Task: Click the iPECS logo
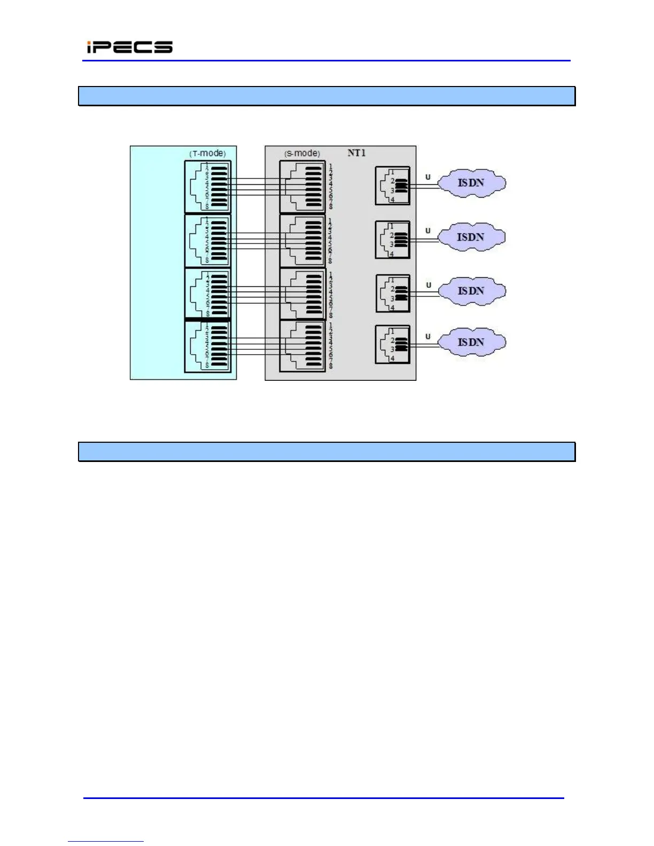(130, 47)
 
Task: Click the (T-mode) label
(207, 153)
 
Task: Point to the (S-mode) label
(302, 153)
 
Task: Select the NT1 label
(356, 153)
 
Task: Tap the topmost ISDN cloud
(471, 183)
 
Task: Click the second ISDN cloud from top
(471, 237)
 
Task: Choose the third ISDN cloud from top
(471, 291)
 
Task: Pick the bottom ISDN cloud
(471, 342)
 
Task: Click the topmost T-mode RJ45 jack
(208, 187)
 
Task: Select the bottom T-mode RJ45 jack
(208, 346)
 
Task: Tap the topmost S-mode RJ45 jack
(302, 187)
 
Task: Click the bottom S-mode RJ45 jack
(302, 346)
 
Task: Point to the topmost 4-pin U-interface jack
(393, 186)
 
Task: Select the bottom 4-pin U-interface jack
(393, 344)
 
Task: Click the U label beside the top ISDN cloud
(427, 177)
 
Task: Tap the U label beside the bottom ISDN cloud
(427, 336)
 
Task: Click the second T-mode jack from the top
(208, 240)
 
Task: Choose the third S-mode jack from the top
(302, 294)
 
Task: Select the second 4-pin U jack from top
(393, 240)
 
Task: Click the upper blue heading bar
(326, 96)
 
